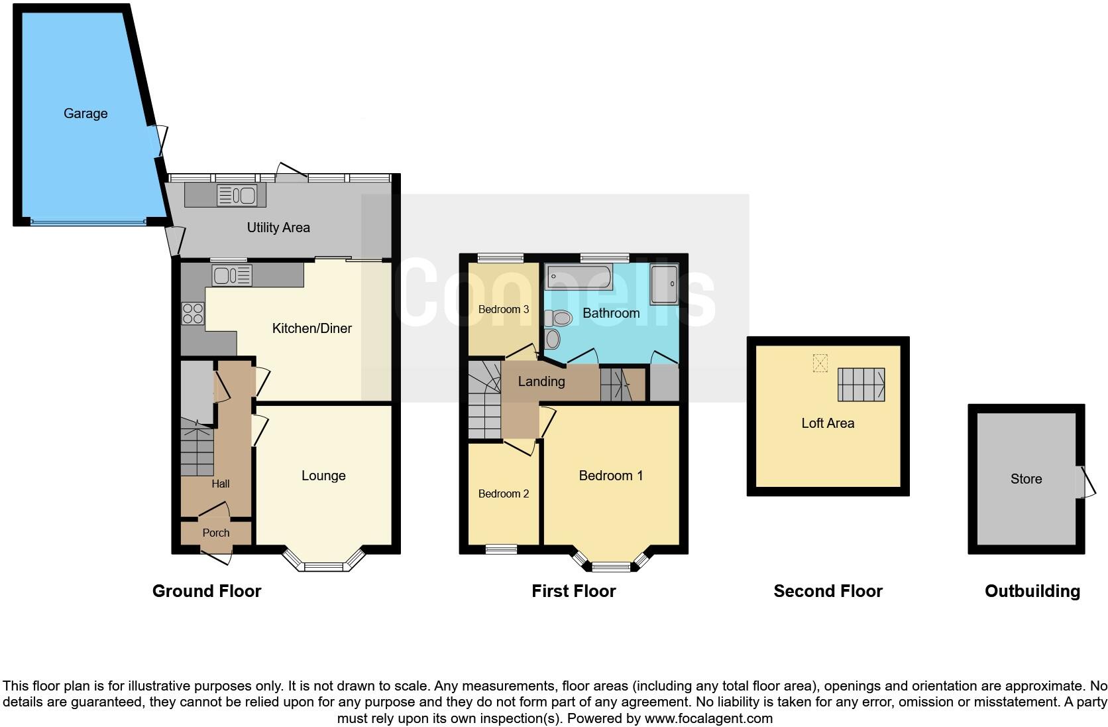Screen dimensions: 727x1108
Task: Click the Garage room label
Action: pos(85,113)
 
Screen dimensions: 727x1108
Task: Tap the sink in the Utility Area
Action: pos(237,195)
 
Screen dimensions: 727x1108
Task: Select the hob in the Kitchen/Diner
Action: pos(193,313)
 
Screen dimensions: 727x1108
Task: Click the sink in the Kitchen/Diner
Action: pos(232,275)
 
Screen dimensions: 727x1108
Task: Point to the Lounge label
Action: pos(323,476)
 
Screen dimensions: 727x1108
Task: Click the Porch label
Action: pos(216,533)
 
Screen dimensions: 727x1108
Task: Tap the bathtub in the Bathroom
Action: pos(578,276)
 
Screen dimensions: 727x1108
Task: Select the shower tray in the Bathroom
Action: pos(664,285)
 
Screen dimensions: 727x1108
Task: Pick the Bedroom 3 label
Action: pos(504,309)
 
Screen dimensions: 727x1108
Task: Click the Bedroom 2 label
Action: pos(504,494)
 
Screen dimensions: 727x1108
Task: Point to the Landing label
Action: pos(541,381)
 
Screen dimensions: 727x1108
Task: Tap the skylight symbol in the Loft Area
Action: pos(820,363)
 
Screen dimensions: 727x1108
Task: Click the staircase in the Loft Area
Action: pos(861,385)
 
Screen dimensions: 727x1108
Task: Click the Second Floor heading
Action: pos(828,591)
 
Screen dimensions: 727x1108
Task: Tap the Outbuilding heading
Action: pos(1032,591)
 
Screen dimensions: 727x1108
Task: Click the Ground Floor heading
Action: pos(207,591)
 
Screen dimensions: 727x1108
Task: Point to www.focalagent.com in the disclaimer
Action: pos(708,718)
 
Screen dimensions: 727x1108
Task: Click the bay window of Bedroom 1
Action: pos(611,566)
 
